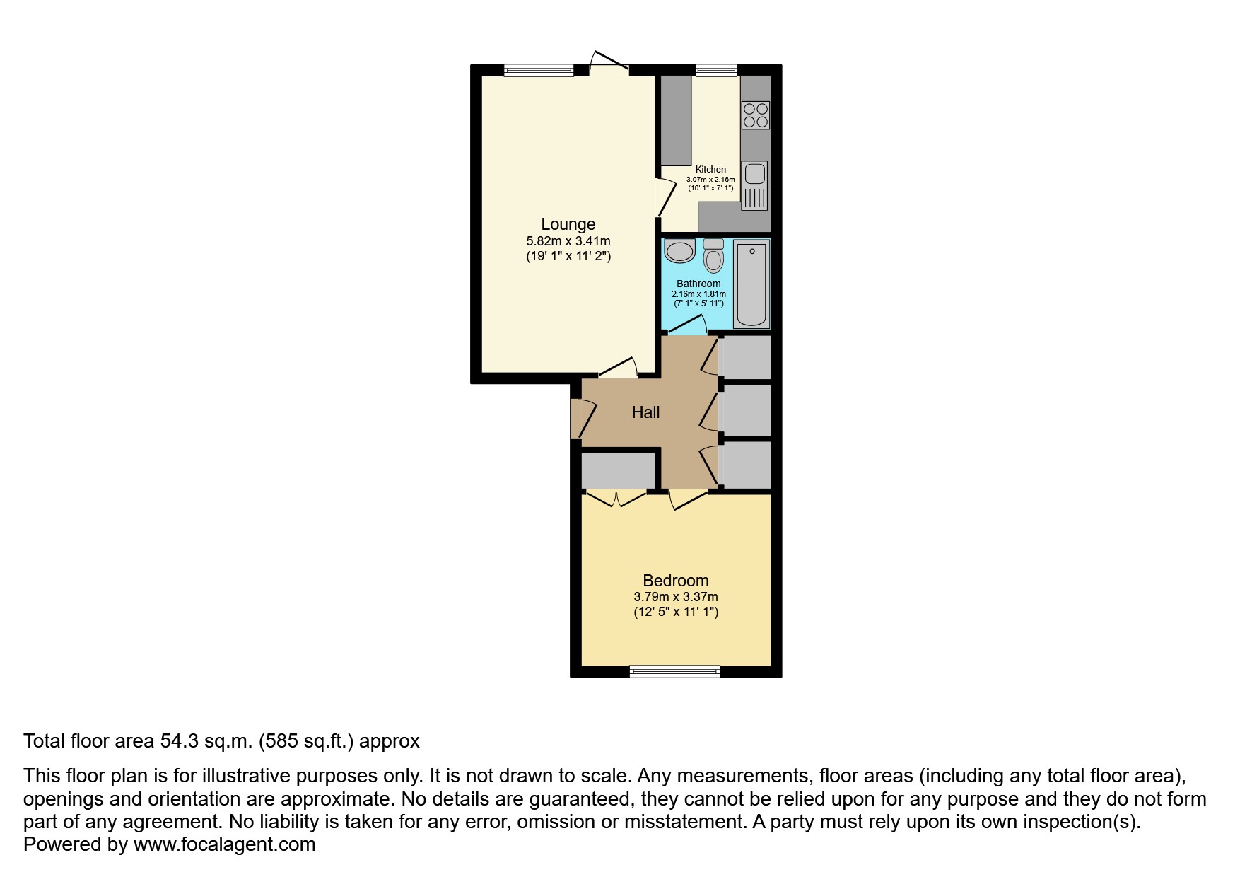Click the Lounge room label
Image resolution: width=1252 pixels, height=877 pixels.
568,224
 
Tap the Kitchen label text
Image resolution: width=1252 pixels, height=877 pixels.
710,169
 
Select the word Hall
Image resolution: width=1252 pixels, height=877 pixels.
645,412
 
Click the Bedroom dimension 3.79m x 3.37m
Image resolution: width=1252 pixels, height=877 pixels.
675,597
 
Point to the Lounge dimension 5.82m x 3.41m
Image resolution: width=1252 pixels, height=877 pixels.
568,241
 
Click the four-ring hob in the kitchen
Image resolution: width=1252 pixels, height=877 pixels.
755,115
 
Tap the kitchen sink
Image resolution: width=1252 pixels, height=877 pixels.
754,174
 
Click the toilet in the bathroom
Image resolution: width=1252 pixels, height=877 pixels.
714,257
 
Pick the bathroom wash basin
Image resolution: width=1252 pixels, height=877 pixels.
680,251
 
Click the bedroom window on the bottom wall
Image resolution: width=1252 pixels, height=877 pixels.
674,671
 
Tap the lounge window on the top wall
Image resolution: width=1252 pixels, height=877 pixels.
539,70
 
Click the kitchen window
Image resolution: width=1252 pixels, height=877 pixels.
715,70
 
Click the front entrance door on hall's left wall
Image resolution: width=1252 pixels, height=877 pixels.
582,419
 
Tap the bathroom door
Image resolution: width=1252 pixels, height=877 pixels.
687,327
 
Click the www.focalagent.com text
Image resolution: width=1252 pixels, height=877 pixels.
224,844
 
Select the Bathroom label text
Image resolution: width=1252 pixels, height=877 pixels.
698,284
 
